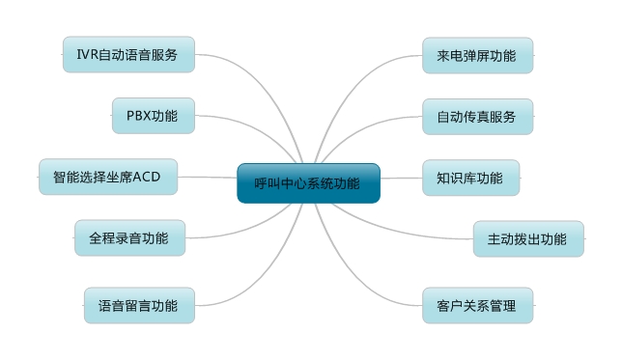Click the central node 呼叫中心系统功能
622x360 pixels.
pos(308,183)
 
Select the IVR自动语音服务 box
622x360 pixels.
pos(128,55)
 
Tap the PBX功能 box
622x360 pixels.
pos(153,116)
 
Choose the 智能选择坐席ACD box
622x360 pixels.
pos(107,177)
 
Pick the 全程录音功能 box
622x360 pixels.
pos(129,237)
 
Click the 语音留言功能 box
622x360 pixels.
pos(138,305)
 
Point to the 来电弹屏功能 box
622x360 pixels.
pos(477,55)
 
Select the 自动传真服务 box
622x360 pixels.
pos(477,116)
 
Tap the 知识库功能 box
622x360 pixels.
pos(470,178)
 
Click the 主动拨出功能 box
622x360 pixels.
pos(528,238)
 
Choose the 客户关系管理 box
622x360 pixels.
pos(477,305)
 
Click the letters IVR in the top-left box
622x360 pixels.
pos(86,55)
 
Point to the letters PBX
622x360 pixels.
pos(138,116)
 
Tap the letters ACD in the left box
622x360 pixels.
pos(147,177)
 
